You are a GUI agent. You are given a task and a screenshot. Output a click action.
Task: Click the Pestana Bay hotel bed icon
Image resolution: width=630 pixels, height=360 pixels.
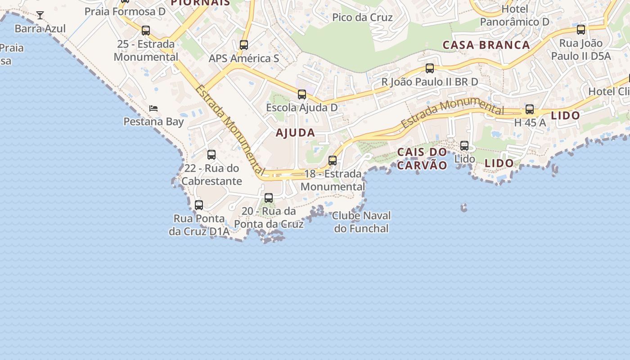point(153,108)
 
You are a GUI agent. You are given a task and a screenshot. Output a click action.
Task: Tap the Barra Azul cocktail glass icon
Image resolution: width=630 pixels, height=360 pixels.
point(40,15)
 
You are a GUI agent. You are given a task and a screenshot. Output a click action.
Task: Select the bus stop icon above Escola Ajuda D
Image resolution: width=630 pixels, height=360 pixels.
point(302,94)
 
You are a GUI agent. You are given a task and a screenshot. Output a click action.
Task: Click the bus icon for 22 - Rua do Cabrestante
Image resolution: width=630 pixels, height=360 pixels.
point(211,155)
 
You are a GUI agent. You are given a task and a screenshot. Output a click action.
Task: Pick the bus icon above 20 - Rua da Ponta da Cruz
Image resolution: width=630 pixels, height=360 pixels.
point(269,198)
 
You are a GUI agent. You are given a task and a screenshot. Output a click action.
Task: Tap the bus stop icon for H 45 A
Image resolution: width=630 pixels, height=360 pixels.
point(530,109)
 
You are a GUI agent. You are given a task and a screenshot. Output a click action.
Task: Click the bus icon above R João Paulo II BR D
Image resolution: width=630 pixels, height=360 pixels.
point(430,68)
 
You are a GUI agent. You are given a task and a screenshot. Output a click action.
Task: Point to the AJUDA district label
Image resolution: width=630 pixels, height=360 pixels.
point(295,133)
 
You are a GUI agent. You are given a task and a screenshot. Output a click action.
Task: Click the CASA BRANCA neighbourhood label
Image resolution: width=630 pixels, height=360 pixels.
point(486,45)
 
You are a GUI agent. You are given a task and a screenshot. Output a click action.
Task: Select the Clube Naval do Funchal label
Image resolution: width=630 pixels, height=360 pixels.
point(361,222)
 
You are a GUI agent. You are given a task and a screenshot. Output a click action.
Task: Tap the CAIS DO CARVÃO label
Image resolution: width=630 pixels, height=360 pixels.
point(422,158)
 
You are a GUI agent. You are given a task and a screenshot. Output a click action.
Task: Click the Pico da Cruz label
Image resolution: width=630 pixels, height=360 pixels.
point(362,18)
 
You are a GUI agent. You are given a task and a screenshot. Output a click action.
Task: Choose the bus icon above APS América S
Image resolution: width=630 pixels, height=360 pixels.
point(244,45)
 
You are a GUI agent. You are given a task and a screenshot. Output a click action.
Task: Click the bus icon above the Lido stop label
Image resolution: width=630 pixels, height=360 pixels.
point(464,146)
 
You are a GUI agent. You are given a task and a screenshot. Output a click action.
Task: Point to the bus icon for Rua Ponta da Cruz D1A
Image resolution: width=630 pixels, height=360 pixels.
point(199,205)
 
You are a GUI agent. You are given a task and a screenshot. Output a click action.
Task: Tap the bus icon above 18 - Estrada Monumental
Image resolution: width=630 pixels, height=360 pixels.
point(333,160)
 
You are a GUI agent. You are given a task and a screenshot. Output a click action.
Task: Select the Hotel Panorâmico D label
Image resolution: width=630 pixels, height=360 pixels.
point(515,15)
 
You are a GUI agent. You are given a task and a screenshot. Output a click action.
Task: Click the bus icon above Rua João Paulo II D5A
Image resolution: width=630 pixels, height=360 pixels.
point(581,30)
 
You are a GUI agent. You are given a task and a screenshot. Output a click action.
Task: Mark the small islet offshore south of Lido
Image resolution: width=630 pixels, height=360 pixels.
point(463,208)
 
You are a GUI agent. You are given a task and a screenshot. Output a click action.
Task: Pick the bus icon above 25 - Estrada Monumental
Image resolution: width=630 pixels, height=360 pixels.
point(146,31)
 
